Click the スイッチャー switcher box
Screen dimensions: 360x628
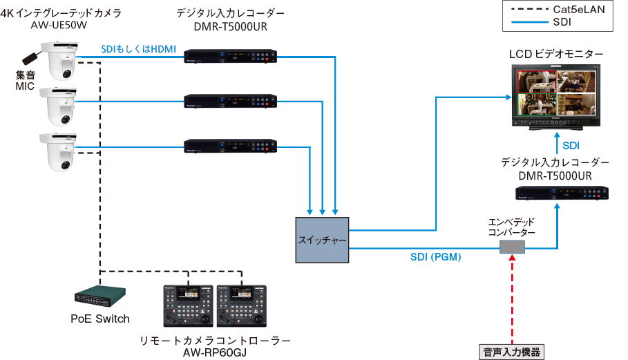(x=322, y=239)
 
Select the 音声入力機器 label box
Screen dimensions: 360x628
(x=511, y=351)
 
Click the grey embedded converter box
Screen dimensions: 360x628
(x=512, y=247)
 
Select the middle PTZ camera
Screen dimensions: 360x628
(x=59, y=105)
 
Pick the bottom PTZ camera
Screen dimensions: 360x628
(x=59, y=150)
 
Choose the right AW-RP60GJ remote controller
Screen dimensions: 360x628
(x=241, y=306)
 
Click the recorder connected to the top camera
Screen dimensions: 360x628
(x=231, y=57)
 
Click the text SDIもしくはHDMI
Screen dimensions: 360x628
(x=139, y=49)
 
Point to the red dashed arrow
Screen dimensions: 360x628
(x=512, y=297)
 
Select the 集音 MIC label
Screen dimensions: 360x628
(x=26, y=79)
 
